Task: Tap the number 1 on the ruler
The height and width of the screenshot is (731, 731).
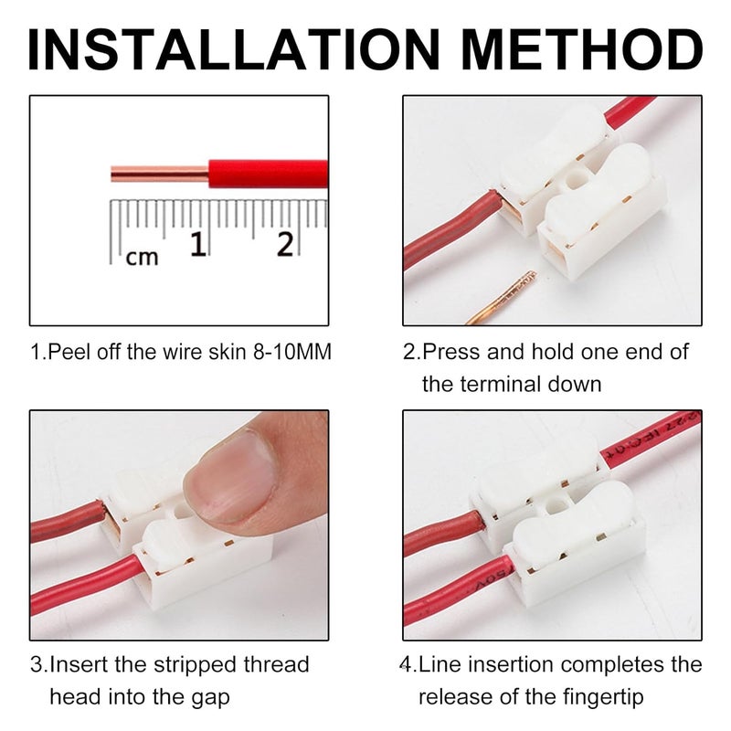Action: pyautogui.click(x=197, y=244)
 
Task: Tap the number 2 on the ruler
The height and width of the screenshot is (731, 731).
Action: pyautogui.click(x=285, y=244)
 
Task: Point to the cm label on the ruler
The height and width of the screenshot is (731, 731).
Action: pyautogui.click(x=142, y=258)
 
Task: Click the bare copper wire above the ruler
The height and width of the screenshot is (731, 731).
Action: pyautogui.click(x=159, y=173)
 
